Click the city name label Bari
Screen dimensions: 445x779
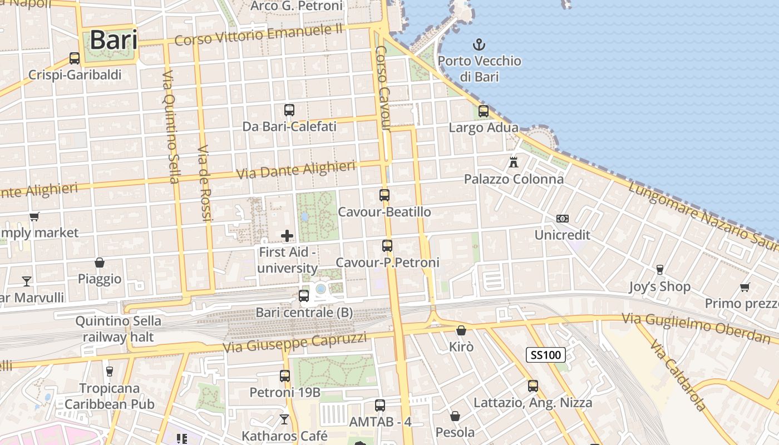[x=114, y=40]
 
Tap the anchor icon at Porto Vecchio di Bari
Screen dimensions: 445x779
[x=479, y=44]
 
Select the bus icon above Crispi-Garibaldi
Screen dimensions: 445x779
[x=75, y=58]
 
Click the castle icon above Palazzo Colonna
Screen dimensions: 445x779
[x=514, y=163]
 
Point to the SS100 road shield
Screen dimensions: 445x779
[x=546, y=355]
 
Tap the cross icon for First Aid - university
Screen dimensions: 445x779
[x=287, y=236]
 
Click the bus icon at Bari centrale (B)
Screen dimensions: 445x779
[x=304, y=296]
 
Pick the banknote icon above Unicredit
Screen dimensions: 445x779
[x=563, y=219]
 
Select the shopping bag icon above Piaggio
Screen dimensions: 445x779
[x=100, y=263]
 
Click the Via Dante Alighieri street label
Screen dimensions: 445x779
[x=295, y=170]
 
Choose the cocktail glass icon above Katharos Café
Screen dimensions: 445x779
[x=284, y=419]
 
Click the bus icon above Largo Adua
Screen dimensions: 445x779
[x=484, y=111]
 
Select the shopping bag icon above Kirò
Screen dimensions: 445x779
[x=461, y=330]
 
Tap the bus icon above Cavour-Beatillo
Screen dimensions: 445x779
[x=384, y=195]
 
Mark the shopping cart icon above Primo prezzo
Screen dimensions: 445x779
[x=745, y=287]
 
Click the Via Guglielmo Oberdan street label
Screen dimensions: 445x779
[x=696, y=328]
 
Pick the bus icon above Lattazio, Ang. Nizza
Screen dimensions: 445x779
[x=533, y=385]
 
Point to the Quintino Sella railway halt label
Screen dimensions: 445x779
[x=118, y=329]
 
